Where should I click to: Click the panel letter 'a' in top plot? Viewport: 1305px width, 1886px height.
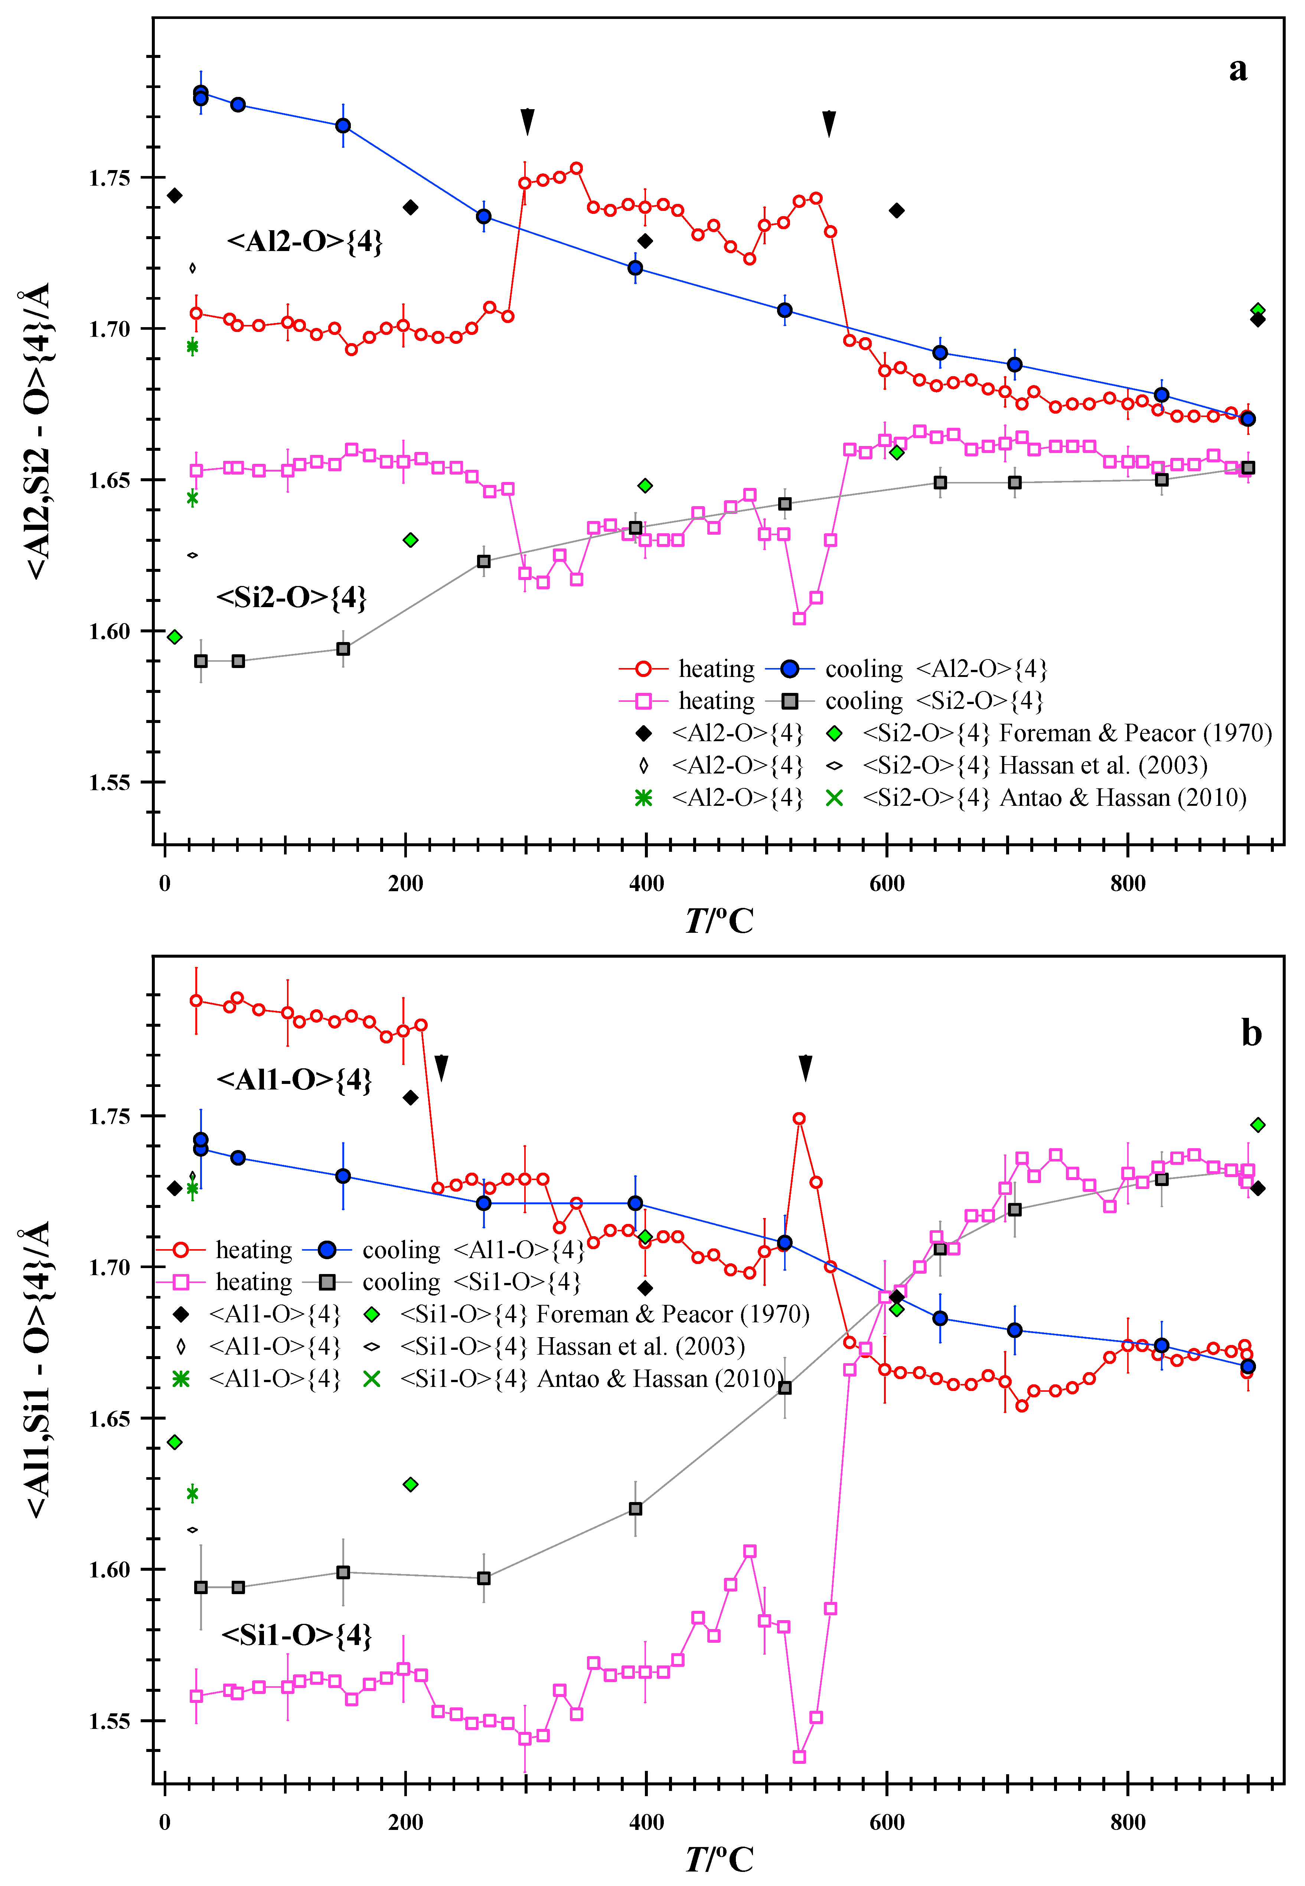coord(1238,69)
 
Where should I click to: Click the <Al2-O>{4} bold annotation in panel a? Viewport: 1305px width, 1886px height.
coord(304,242)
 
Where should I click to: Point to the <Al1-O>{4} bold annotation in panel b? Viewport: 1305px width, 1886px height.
coord(294,1079)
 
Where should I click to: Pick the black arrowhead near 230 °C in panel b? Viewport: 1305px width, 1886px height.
coord(441,1067)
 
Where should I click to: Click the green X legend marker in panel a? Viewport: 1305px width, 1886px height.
coord(834,797)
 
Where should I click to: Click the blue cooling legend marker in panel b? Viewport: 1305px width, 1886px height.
coord(327,1250)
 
